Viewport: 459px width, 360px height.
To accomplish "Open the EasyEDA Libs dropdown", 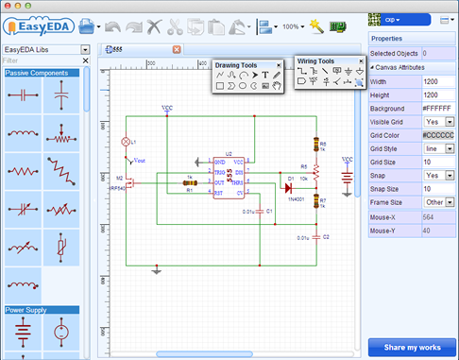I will click(85, 49).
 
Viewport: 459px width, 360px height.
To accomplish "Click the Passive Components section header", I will click(42, 73).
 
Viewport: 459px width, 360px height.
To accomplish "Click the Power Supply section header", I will click(42, 309).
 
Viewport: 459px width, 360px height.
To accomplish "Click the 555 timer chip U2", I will click(228, 178).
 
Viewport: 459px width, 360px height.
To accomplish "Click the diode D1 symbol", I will click(289, 185).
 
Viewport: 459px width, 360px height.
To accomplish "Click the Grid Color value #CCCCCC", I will click(438, 135).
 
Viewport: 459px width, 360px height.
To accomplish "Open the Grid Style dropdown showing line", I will click(439, 148).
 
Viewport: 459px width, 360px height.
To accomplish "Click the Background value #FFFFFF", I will click(438, 108).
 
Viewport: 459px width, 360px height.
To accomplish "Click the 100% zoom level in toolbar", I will click(293, 26).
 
